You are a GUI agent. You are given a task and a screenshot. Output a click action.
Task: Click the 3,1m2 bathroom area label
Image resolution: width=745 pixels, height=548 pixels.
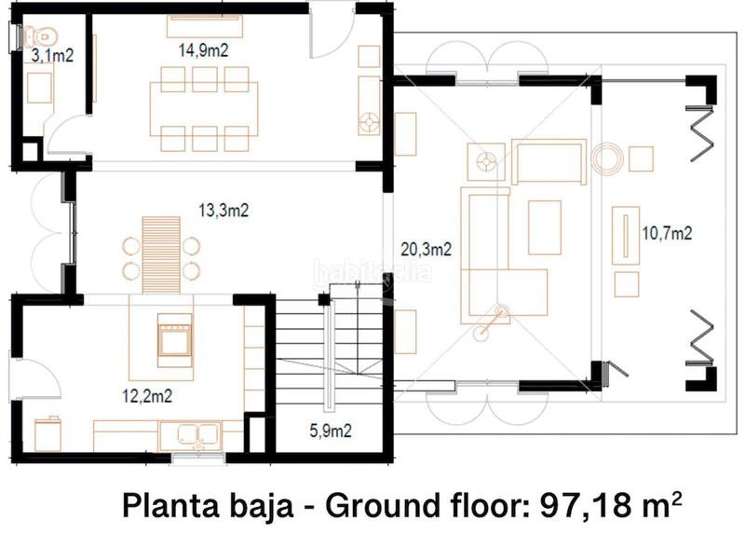[x=52, y=56]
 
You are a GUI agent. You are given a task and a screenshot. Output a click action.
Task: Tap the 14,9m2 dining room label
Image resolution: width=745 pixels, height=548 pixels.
[x=203, y=50]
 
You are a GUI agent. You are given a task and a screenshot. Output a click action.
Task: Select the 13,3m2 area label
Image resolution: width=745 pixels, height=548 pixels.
[x=223, y=210]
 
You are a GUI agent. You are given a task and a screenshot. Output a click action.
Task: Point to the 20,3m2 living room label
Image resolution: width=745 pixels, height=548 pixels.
[x=427, y=249]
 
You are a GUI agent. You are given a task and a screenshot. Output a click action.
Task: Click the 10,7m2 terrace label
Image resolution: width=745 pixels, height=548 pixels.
[x=667, y=233]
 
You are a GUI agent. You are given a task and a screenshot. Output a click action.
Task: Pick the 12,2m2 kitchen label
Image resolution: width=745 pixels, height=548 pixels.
[x=147, y=395]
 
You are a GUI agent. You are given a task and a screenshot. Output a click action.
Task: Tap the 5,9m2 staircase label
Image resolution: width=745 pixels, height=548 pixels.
[x=331, y=431]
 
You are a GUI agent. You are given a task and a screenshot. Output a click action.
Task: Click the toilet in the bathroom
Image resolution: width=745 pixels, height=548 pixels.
[x=39, y=36]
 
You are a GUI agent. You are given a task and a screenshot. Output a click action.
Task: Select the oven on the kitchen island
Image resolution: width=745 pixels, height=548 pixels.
[x=175, y=339]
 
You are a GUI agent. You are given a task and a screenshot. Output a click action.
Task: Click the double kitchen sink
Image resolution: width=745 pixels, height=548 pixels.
[x=198, y=435]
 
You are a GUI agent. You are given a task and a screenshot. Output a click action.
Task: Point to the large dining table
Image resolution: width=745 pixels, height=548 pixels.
[x=204, y=109]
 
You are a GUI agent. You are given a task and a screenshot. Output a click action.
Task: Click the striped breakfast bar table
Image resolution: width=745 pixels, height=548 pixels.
[x=161, y=254]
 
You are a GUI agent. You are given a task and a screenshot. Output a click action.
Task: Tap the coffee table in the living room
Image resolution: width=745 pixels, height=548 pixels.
[x=545, y=227]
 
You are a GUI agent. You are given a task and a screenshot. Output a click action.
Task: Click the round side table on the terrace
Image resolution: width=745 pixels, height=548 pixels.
[x=607, y=158]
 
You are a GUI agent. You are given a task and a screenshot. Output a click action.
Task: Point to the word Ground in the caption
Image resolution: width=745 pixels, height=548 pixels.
[x=383, y=505]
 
